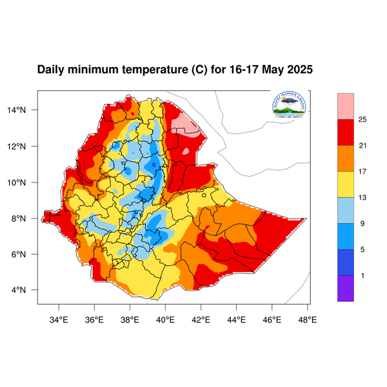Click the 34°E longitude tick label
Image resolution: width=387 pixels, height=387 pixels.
click(59, 319)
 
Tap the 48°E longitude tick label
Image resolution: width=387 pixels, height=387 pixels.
click(307, 319)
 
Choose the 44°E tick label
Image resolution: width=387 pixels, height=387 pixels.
click(236, 319)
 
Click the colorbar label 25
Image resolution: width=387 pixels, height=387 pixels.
click(362, 119)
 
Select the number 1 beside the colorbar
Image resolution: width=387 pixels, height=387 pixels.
click(362, 275)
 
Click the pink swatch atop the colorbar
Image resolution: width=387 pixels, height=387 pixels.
click(346, 105)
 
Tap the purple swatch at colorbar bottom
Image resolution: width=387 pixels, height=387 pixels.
click(346, 288)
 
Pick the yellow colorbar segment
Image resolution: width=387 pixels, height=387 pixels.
click(346, 184)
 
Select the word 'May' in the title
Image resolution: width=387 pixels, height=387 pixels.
click(272, 70)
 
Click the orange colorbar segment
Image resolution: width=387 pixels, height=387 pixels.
click(346, 158)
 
